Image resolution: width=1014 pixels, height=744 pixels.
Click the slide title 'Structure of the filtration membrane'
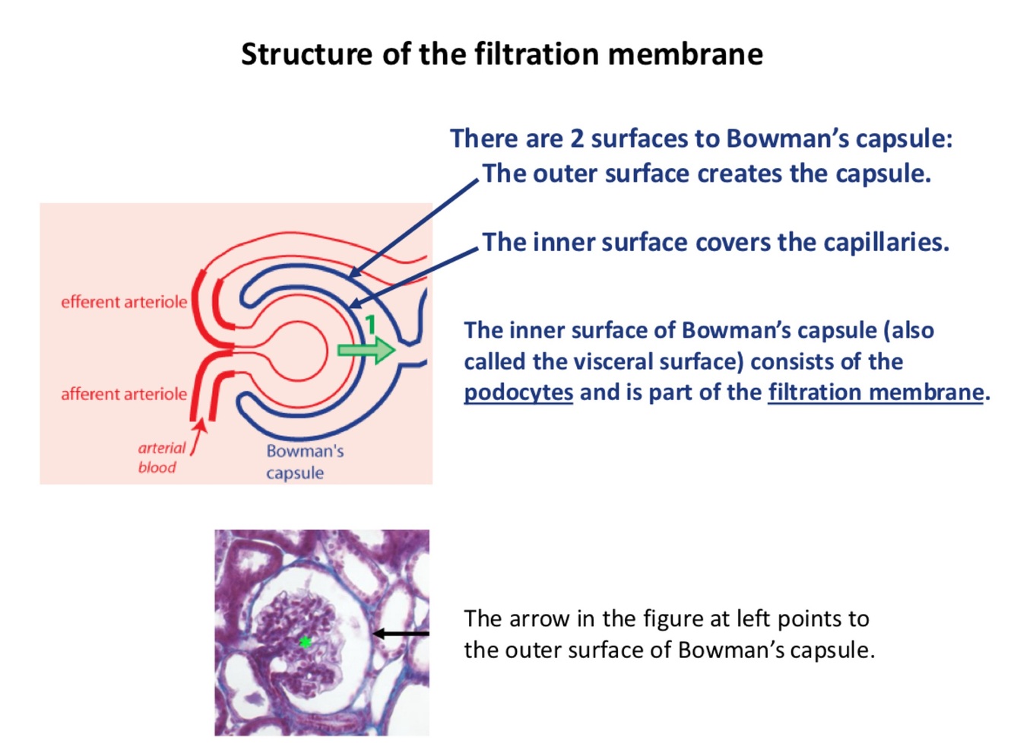click(502, 54)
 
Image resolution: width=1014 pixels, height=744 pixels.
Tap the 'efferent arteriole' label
click(124, 302)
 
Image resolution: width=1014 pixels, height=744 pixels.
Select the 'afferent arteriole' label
click(124, 394)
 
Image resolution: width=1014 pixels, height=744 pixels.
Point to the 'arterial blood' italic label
click(160, 457)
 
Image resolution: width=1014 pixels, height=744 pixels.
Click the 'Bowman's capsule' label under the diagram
click(304, 462)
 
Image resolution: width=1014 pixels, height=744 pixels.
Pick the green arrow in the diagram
click(366, 350)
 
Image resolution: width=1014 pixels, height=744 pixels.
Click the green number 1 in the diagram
click(371, 326)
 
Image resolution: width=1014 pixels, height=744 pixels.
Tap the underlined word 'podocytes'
click(518, 393)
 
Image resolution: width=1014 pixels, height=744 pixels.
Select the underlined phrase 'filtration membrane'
click(876, 393)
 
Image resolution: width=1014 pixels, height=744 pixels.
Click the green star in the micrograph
click(305, 642)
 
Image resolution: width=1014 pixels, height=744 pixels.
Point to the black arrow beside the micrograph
click(401, 633)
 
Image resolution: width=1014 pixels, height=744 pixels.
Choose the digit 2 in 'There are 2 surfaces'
click(578, 138)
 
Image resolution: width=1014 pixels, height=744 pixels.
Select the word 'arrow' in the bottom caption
click(545, 618)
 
